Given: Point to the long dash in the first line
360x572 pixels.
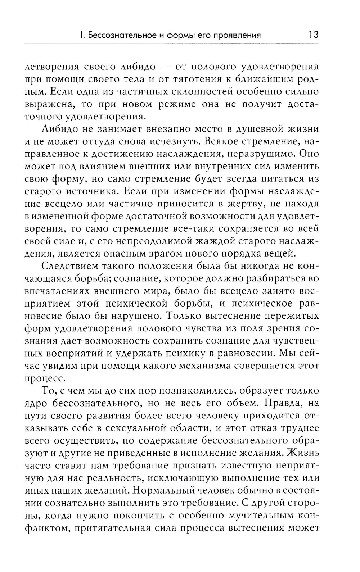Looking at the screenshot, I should [165, 67].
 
